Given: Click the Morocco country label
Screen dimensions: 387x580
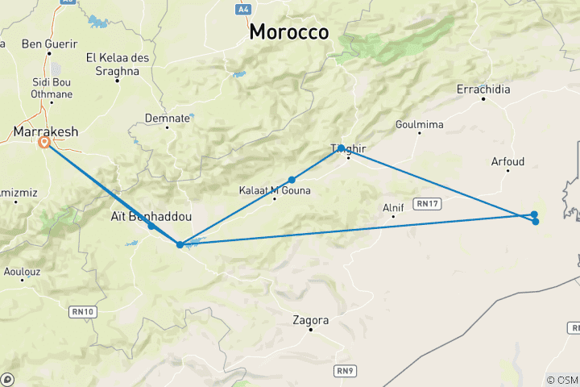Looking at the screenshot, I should point(289,32).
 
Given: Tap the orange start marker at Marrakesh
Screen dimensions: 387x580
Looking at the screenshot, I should point(43,143).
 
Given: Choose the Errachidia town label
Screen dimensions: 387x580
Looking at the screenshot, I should point(483,89).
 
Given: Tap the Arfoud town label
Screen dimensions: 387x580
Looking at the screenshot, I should point(507,162).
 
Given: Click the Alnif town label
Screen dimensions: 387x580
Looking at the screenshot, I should point(393,208).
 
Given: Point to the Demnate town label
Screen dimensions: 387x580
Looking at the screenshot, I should point(168,118).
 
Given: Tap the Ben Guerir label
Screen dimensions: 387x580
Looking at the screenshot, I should point(50,44).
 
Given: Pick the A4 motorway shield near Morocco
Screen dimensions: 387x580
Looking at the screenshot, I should point(243,9).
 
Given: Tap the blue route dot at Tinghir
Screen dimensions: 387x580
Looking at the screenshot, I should point(342,148).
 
